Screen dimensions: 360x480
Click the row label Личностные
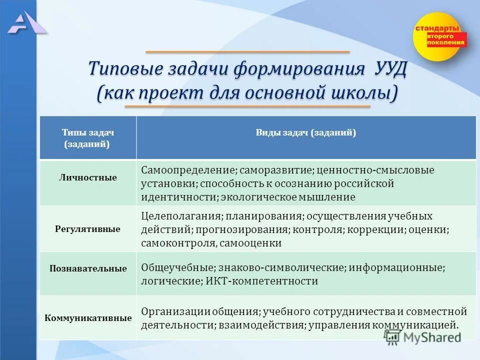click(x=87, y=177)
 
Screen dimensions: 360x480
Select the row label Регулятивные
click(x=87, y=229)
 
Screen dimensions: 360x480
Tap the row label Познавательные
click(x=88, y=268)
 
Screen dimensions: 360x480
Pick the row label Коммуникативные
click(x=88, y=318)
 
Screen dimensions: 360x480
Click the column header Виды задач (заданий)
click(x=306, y=133)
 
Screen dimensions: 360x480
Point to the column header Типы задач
click(x=88, y=133)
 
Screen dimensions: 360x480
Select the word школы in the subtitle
click(x=360, y=93)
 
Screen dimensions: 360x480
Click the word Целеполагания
click(x=181, y=216)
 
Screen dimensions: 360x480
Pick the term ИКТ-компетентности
click(x=261, y=281)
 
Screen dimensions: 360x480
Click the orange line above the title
click(x=247, y=52)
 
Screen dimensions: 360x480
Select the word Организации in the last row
click(x=174, y=311)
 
